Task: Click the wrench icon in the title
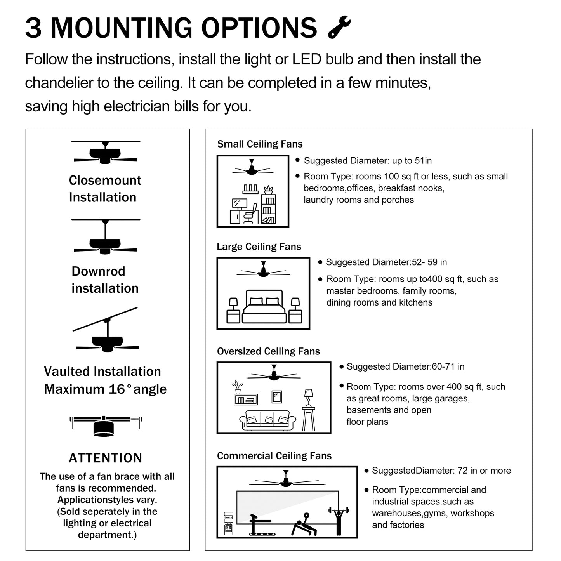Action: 339,27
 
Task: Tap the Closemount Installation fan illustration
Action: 105,153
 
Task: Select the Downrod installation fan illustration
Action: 105,238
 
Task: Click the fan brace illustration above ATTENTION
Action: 106,425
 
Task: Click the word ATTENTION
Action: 106,458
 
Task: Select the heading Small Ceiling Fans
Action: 260,144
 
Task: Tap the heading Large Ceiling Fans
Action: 259,247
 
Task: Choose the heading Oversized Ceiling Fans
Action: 268,351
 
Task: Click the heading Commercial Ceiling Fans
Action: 274,456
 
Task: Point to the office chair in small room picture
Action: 251,214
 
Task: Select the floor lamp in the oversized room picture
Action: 309,410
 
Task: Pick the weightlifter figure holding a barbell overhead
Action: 339,520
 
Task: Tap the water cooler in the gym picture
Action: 229,524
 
